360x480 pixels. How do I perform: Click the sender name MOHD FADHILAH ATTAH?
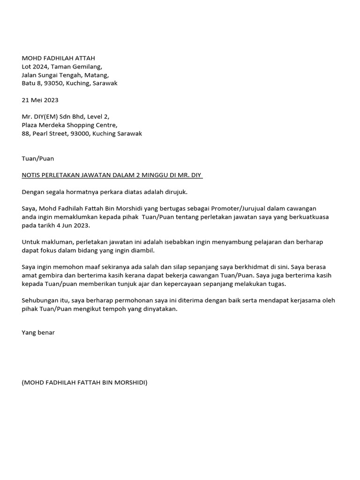(x=58, y=58)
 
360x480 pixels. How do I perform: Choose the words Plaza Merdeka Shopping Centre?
(x=69, y=125)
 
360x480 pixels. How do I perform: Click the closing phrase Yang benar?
(x=38, y=332)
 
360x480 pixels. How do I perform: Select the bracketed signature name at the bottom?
(x=84, y=382)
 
